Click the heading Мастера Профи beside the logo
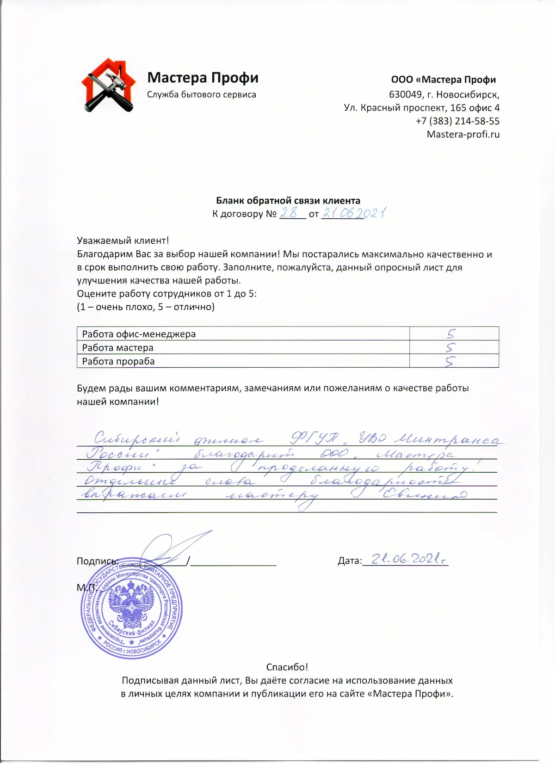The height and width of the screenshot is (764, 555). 203,77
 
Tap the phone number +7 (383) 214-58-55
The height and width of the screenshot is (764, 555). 457,121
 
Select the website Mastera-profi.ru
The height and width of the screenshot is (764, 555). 463,135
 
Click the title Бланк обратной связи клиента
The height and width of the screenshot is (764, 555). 288,201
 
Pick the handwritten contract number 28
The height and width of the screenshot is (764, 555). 290,213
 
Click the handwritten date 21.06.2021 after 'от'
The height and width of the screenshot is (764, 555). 354,213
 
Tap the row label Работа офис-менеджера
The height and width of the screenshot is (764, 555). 139,334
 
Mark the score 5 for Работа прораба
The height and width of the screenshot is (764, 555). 450,361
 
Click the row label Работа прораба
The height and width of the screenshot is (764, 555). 118,361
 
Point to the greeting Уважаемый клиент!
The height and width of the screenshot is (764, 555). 123,240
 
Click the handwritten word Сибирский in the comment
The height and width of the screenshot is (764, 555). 137,438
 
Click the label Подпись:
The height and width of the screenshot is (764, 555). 98,561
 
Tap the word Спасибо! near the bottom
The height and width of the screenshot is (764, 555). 287,667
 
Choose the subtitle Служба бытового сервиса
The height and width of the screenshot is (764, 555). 202,94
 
